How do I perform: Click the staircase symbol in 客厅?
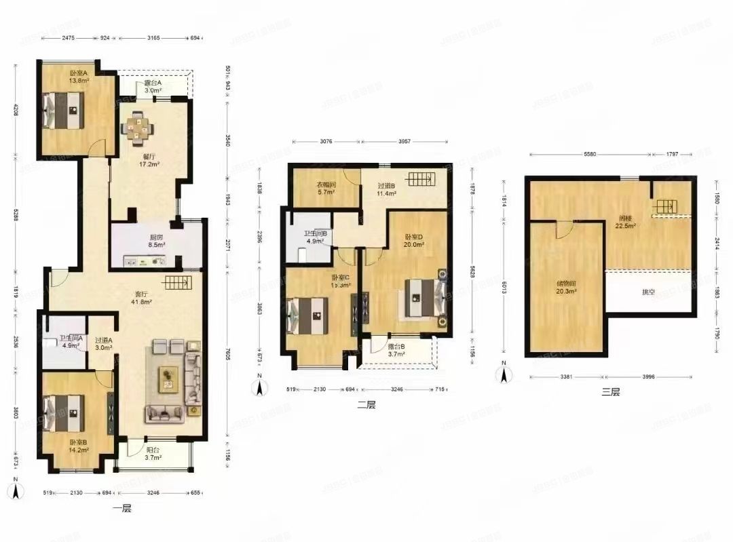click(x=175, y=283)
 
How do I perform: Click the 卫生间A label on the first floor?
click(x=70, y=343)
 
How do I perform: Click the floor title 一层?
click(x=121, y=508)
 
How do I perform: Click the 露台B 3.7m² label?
click(x=396, y=349)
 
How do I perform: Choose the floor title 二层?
click(x=366, y=404)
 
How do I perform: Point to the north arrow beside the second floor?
click(x=258, y=387)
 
